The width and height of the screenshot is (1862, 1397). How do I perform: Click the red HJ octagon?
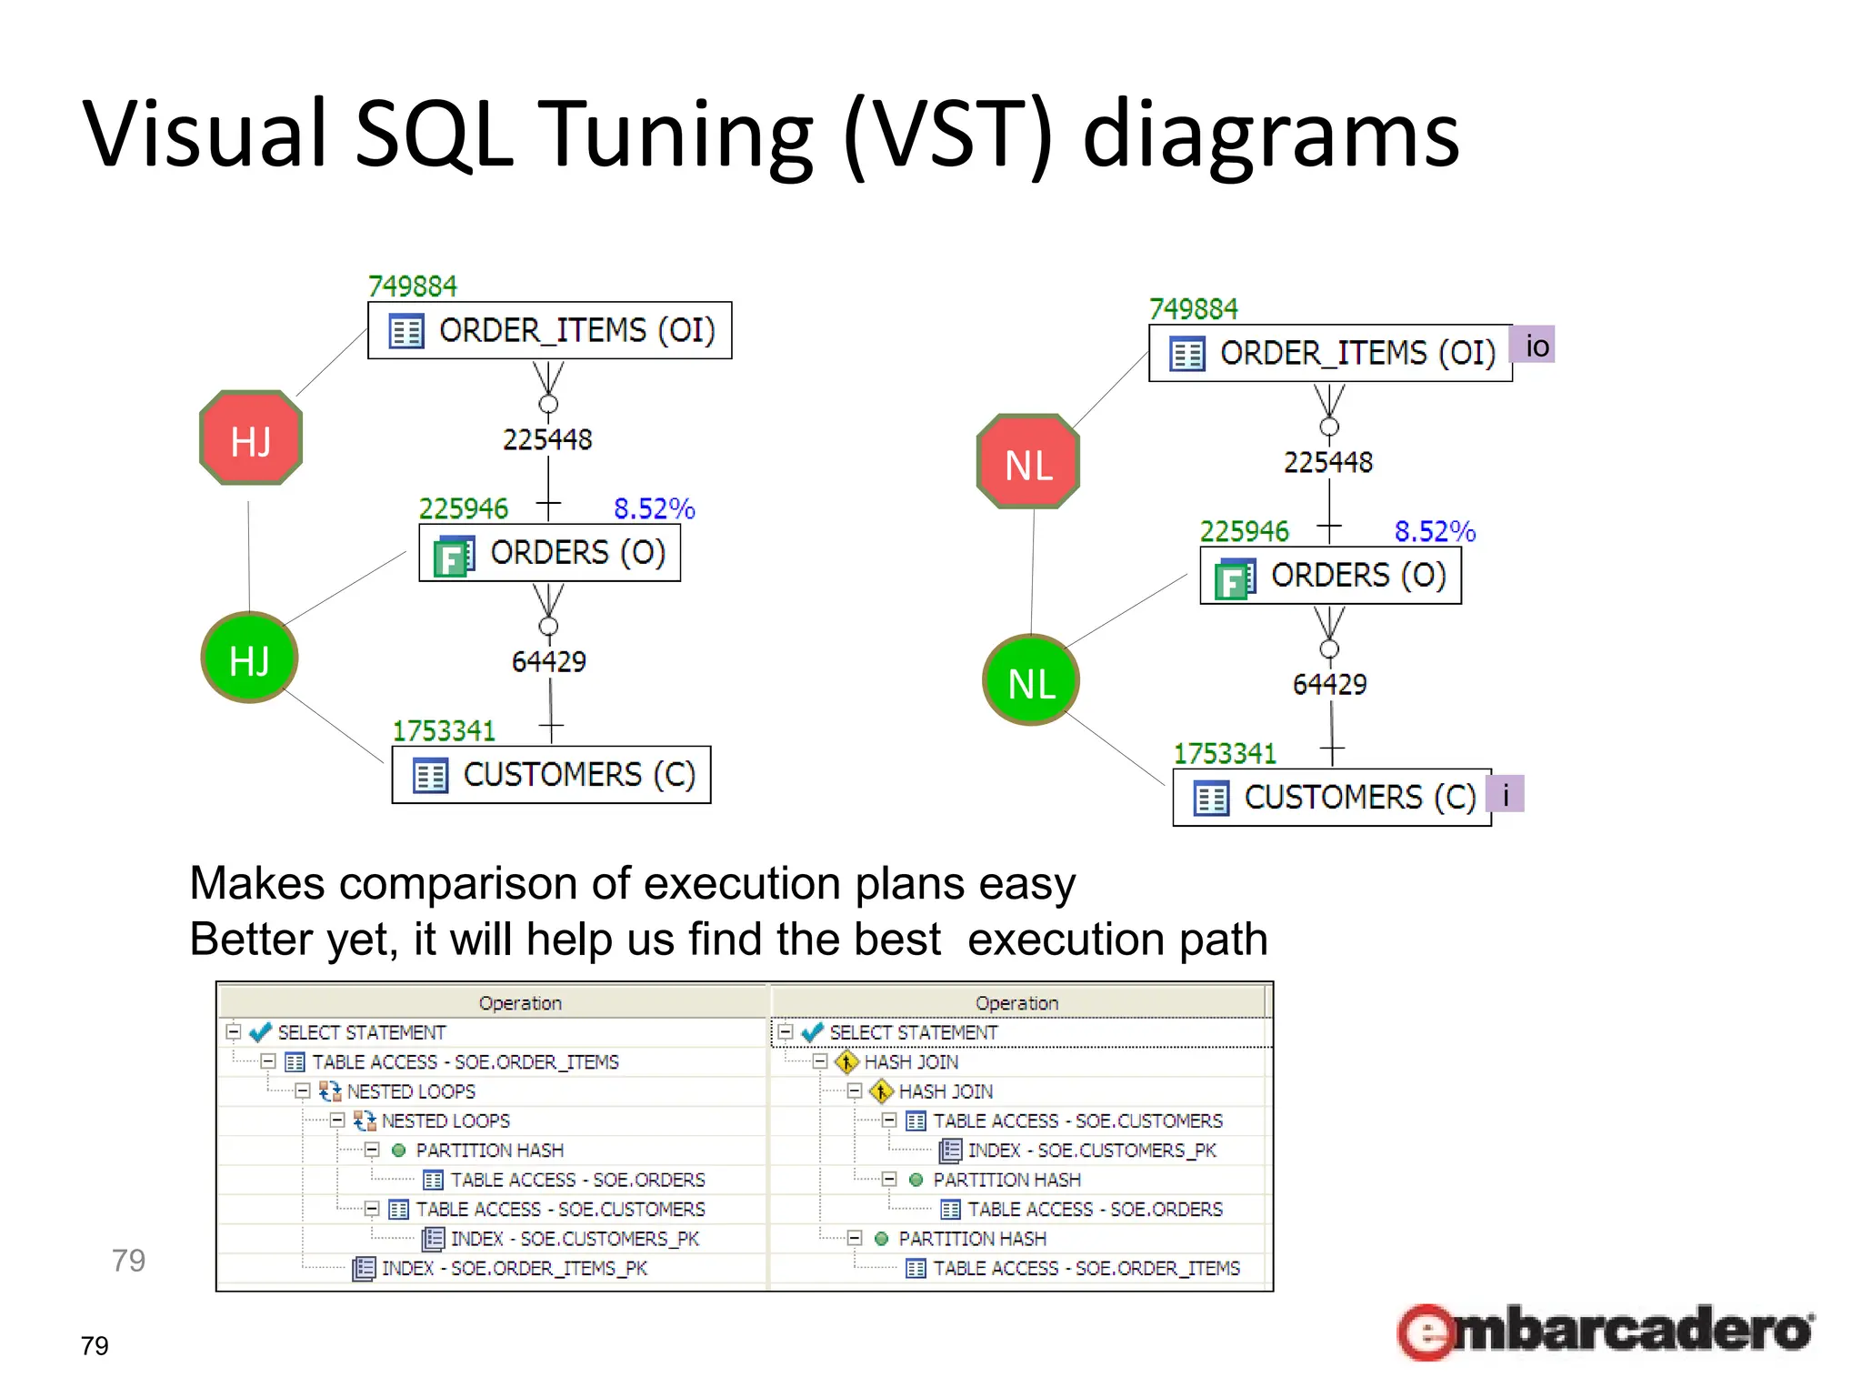pos(251,438)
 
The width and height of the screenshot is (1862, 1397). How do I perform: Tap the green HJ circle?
pos(249,658)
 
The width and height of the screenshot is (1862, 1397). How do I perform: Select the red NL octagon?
pos(1028,462)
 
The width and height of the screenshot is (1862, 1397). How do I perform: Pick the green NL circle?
pos(1031,680)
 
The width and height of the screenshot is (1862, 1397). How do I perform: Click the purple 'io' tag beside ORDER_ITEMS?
pos(1534,346)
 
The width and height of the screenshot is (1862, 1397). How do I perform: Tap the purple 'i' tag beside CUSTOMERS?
pos(1506,794)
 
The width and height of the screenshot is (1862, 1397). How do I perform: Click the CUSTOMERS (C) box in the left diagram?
pos(551,775)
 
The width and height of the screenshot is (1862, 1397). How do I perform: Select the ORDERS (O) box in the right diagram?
pos(1330,576)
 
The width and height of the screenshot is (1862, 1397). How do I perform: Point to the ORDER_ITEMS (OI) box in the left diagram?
pos(549,330)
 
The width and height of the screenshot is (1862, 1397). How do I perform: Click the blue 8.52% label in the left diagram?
pos(654,508)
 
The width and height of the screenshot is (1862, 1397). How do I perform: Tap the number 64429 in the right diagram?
pos(1329,684)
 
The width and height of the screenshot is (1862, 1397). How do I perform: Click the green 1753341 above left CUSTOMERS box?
pos(444,730)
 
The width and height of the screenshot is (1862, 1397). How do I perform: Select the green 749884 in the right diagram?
pos(1193,309)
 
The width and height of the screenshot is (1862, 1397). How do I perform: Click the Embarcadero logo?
pos(1605,1332)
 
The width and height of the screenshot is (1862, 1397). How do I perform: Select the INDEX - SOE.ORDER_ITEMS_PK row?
pos(514,1268)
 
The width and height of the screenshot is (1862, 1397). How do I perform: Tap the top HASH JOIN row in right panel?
pos(910,1061)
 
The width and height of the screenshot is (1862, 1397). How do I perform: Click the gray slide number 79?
pos(128,1261)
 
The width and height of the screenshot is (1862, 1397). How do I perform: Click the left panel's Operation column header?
pos(520,1002)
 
